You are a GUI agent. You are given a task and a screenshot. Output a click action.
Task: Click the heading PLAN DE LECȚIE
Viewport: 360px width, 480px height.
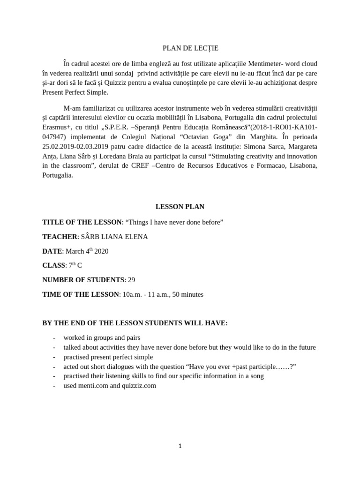(x=183, y=48)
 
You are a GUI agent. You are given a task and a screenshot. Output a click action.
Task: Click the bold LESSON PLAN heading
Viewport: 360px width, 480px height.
(x=180, y=206)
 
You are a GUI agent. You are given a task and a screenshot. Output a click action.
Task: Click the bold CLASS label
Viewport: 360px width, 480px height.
(x=53, y=265)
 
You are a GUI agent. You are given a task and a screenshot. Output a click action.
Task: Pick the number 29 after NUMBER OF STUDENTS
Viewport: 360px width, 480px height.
(x=132, y=280)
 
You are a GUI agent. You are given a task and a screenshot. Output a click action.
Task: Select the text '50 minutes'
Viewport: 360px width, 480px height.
(x=188, y=294)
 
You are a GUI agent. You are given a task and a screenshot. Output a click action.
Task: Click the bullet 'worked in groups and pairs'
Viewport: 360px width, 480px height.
(x=102, y=337)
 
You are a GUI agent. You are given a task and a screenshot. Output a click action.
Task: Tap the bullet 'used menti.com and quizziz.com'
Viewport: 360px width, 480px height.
(x=110, y=386)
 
